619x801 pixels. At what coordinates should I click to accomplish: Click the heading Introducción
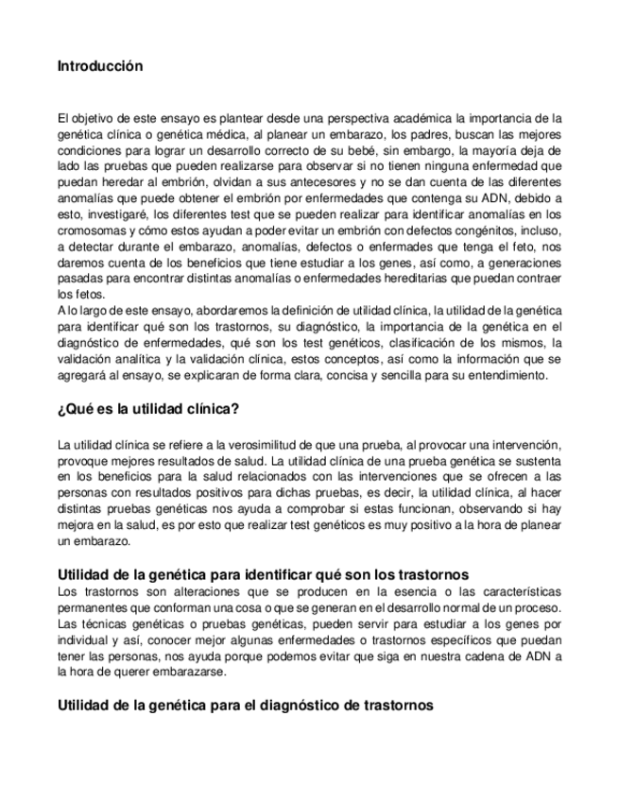(x=100, y=66)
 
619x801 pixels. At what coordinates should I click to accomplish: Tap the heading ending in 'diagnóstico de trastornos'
(x=245, y=705)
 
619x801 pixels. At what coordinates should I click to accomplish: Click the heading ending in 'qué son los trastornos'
(x=264, y=575)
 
